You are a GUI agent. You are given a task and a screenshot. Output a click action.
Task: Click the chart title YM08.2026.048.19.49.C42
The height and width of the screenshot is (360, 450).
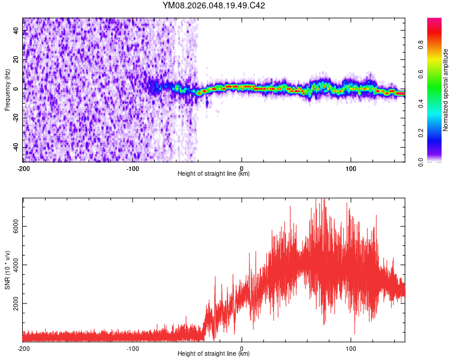[214, 6]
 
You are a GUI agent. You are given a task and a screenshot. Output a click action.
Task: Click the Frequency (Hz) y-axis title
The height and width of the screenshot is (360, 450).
[7, 89]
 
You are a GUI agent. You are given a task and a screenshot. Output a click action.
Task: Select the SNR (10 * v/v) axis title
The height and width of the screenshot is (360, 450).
[7, 270]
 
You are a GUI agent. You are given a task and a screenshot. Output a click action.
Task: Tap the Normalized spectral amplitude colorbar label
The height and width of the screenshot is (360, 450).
[445, 90]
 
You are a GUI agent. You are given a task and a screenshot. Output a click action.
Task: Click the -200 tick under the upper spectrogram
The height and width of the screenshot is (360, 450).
[23, 167]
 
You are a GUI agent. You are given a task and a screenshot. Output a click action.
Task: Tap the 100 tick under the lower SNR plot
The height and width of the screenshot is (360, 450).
[351, 348]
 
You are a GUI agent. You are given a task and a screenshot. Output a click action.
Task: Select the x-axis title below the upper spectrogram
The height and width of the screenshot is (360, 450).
[214, 174]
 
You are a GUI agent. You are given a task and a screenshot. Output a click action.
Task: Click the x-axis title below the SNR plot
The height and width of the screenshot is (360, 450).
[214, 354]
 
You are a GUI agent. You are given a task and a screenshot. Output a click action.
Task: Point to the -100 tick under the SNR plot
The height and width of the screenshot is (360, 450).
[133, 348]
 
